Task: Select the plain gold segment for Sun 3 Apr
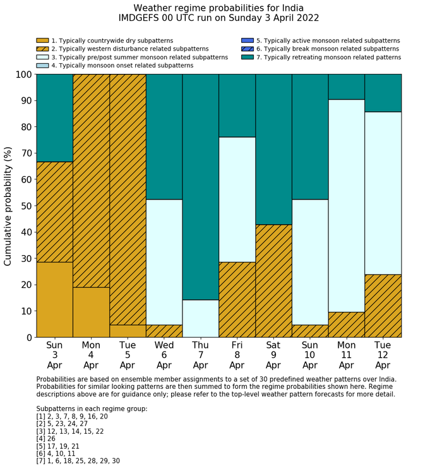point(54,300)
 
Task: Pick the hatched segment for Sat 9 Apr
point(273,281)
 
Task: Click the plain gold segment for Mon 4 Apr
point(91,312)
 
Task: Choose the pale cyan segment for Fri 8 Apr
point(237,199)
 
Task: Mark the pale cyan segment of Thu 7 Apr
point(201,319)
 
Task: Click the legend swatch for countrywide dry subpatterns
point(42,40)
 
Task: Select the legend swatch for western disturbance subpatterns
point(42,49)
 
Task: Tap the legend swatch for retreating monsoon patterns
point(247,57)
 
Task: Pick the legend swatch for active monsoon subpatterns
point(247,40)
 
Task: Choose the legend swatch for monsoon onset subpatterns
point(42,65)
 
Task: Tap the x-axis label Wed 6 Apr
point(164,355)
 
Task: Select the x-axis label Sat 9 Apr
point(273,355)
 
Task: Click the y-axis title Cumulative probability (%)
point(8,206)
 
